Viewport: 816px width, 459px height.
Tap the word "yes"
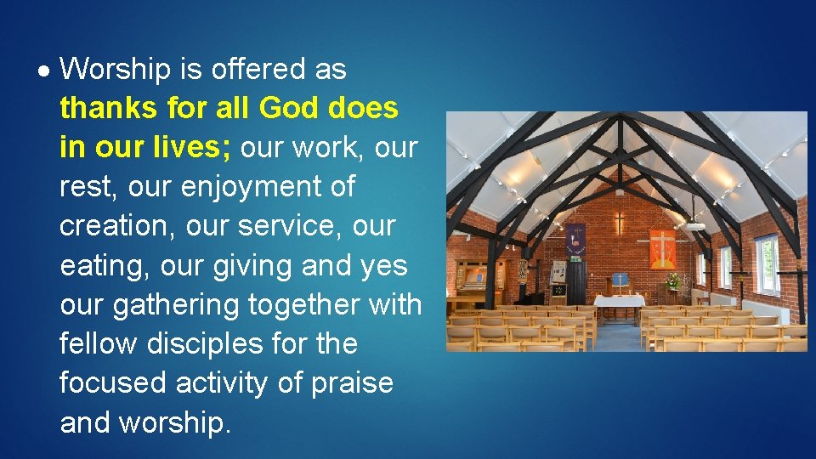[384, 265]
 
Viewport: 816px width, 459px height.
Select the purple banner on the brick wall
[576, 241]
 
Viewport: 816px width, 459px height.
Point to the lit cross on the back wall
[620, 224]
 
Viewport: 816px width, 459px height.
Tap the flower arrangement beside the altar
[674, 281]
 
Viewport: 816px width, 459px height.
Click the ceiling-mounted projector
[694, 225]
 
